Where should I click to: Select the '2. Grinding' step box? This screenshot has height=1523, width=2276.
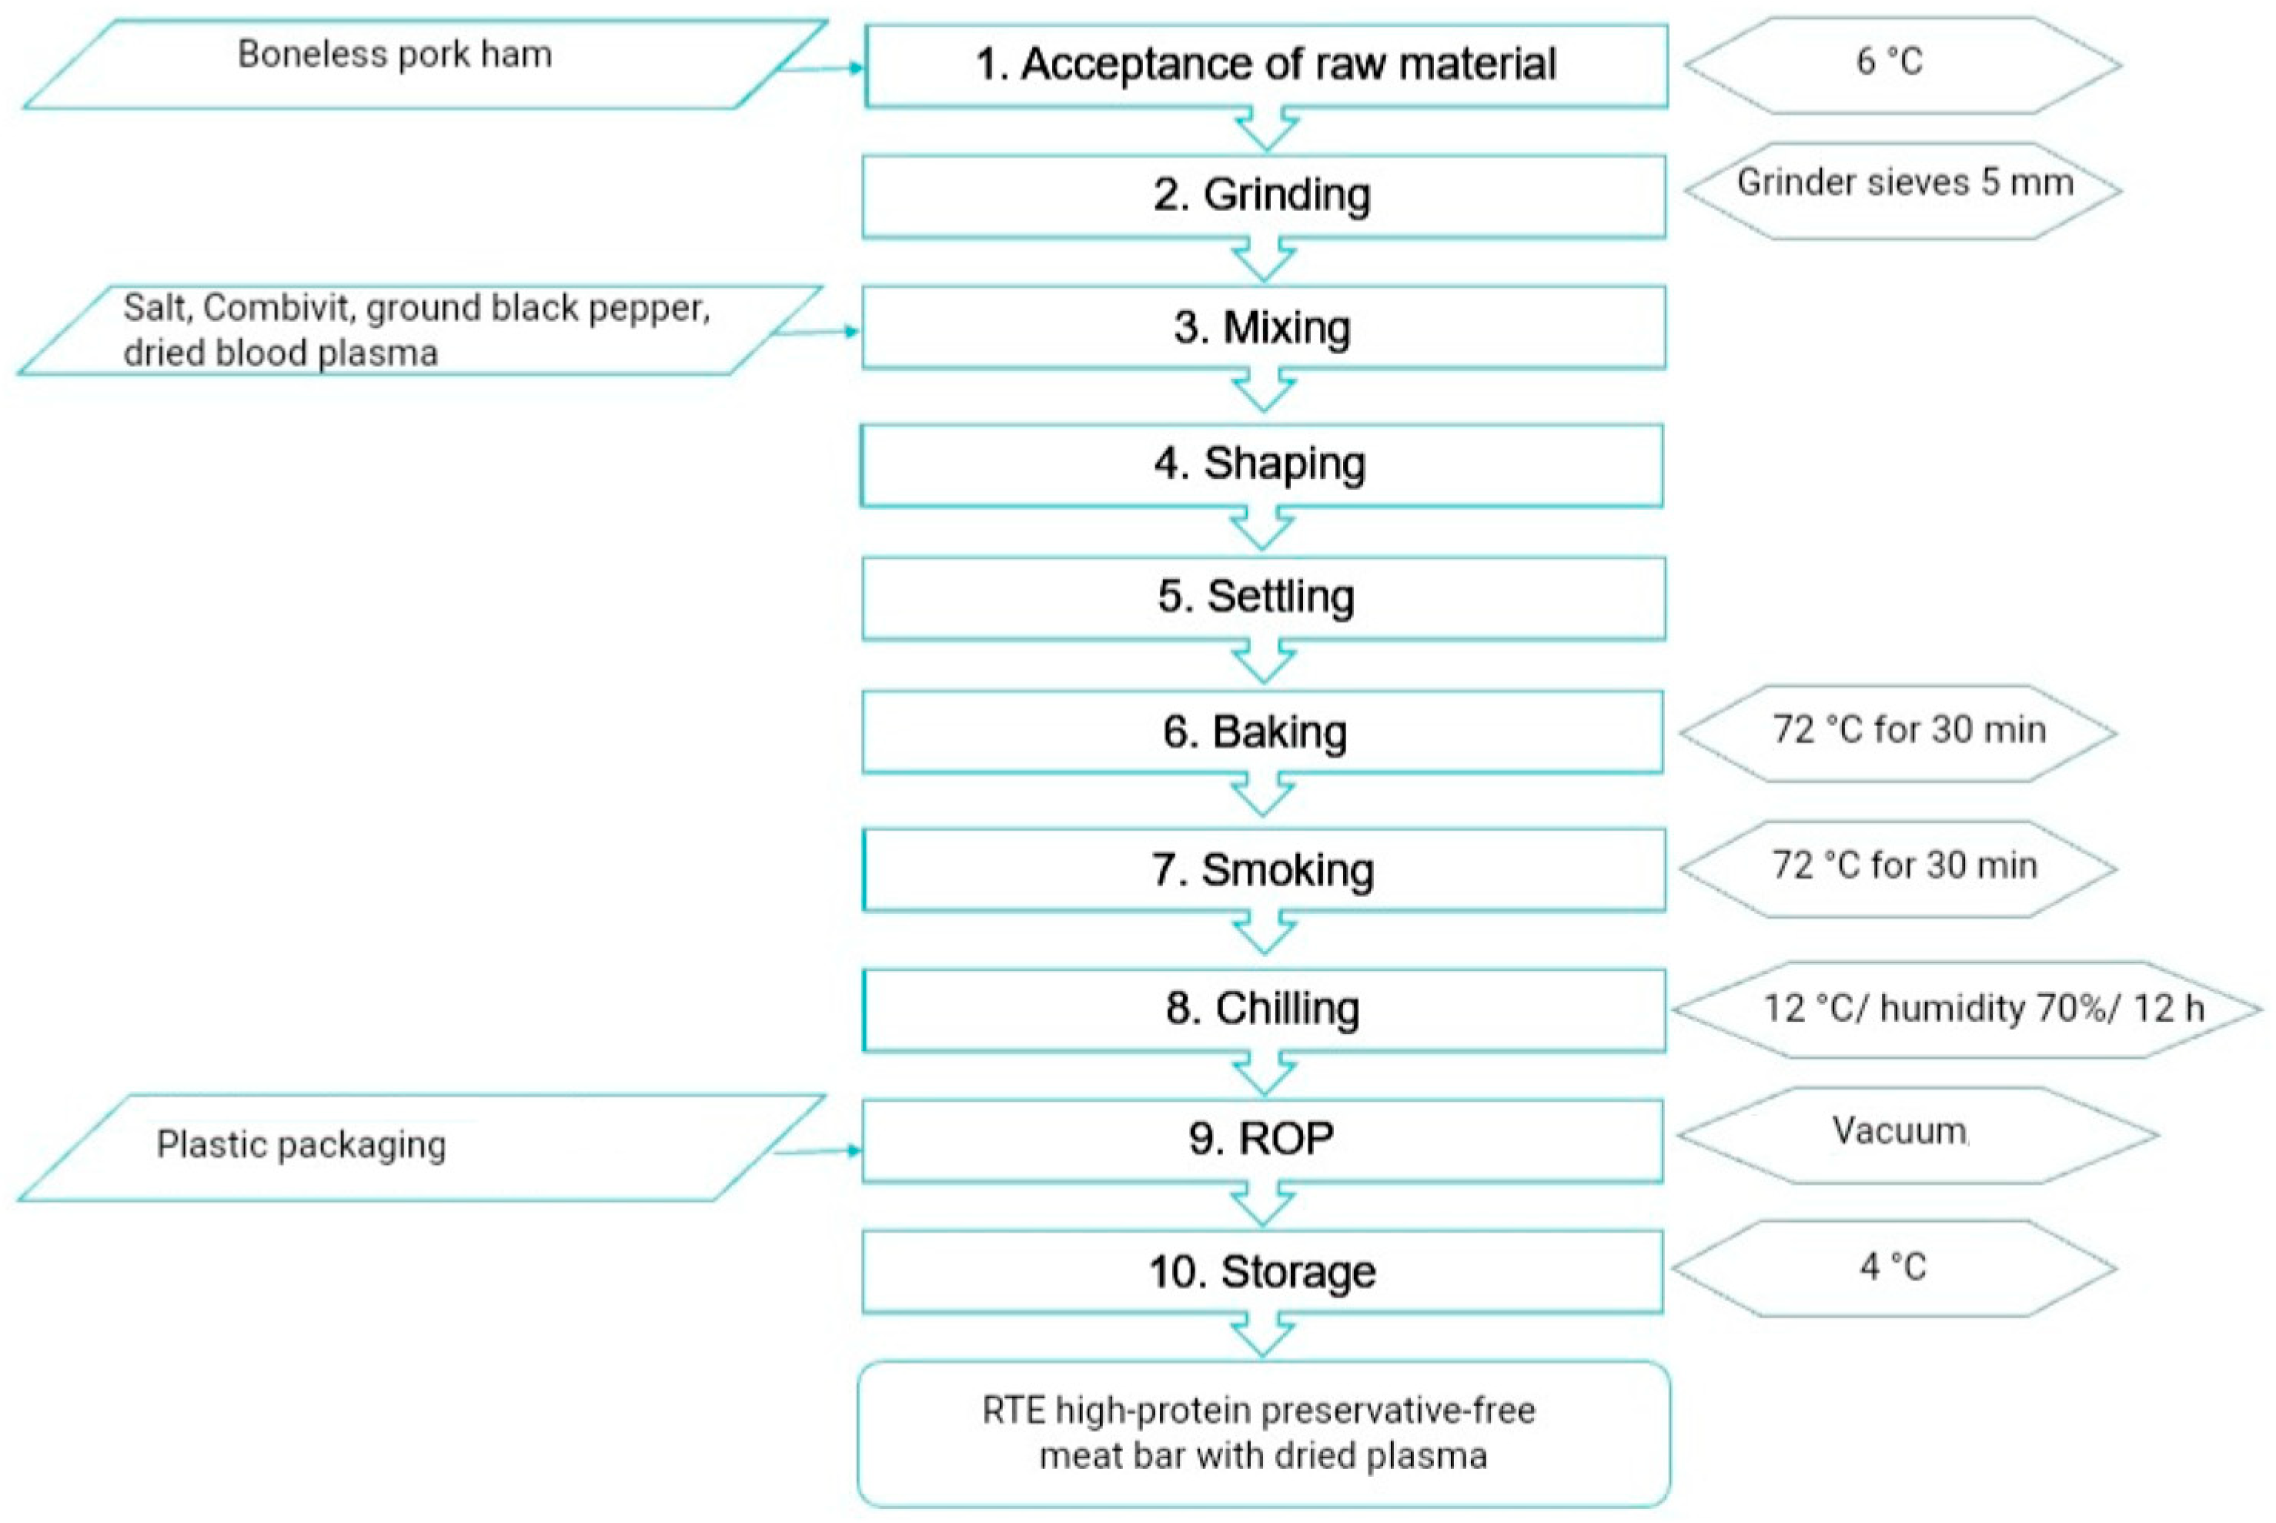tap(1263, 196)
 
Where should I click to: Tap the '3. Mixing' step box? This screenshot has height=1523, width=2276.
tap(1263, 327)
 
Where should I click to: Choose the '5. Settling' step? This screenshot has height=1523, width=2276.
tap(1263, 597)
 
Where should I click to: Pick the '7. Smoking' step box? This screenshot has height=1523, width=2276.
tap(1263, 869)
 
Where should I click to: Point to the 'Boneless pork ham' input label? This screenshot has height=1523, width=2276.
tap(394, 55)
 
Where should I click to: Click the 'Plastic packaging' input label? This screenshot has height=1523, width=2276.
tap(301, 1145)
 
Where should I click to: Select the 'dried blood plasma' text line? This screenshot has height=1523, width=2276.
tap(281, 353)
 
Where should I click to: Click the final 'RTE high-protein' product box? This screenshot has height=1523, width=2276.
tap(1263, 1434)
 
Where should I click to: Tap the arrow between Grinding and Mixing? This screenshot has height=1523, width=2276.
tap(1263, 261)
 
